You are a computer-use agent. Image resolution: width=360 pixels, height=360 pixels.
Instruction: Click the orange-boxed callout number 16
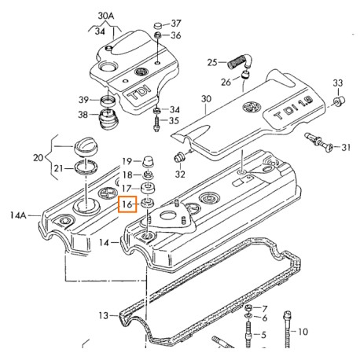(x=127, y=204)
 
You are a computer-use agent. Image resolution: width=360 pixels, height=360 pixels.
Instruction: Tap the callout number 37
(x=176, y=24)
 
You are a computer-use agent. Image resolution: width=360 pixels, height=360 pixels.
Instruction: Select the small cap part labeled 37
(x=158, y=26)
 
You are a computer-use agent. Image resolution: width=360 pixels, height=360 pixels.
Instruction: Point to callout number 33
(x=338, y=83)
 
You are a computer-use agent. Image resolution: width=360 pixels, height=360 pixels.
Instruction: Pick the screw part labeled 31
(x=318, y=141)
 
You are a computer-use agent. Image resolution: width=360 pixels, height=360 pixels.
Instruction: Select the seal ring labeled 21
(x=86, y=167)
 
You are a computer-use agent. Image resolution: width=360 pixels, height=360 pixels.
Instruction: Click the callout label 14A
(x=18, y=215)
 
